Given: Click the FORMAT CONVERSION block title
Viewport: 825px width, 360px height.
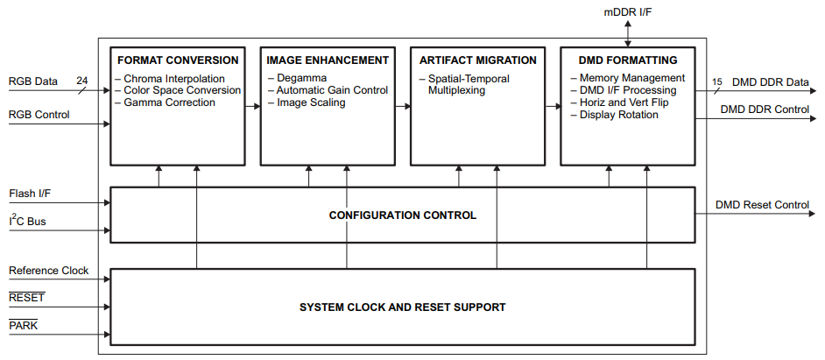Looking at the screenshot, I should (x=178, y=60).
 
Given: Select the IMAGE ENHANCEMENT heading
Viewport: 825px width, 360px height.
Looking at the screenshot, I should (x=328, y=60).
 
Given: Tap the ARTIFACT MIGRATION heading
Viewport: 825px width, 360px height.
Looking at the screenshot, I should (x=477, y=60).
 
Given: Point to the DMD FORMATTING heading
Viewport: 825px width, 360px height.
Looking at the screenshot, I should (x=628, y=60).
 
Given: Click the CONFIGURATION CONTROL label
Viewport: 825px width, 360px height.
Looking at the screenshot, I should (x=402, y=215).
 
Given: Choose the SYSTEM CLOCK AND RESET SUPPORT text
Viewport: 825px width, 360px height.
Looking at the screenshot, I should (x=402, y=307).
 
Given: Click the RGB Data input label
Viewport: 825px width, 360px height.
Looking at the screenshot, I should (x=33, y=81).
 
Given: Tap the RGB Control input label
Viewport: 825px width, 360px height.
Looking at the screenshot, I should (x=39, y=115).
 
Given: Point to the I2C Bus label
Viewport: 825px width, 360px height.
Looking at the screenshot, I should (x=28, y=222).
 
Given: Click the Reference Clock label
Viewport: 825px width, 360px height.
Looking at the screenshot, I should (x=49, y=271).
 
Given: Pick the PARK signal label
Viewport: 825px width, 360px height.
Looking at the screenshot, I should (x=24, y=326).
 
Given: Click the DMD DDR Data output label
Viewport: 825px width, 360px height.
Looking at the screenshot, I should (x=770, y=81).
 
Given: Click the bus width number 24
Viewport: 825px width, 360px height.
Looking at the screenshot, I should (x=82, y=80).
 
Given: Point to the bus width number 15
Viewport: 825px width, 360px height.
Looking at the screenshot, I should (x=717, y=81).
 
